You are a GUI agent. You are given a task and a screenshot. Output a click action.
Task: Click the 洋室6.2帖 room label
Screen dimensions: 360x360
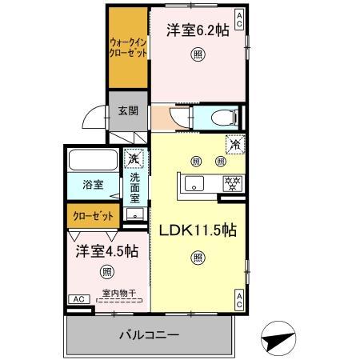click(x=194, y=29)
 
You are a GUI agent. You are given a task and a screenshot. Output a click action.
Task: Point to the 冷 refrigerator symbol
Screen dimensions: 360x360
click(x=235, y=146)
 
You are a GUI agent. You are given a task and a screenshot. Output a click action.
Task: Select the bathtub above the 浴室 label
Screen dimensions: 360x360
click(x=92, y=159)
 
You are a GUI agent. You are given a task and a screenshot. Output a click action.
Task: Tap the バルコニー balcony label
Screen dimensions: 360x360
click(x=150, y=334)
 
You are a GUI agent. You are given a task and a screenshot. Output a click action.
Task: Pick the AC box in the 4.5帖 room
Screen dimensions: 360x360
click(x=78, y=298)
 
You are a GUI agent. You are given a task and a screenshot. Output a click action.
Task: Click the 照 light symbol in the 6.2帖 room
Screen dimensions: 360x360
click(x=196, y=54)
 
